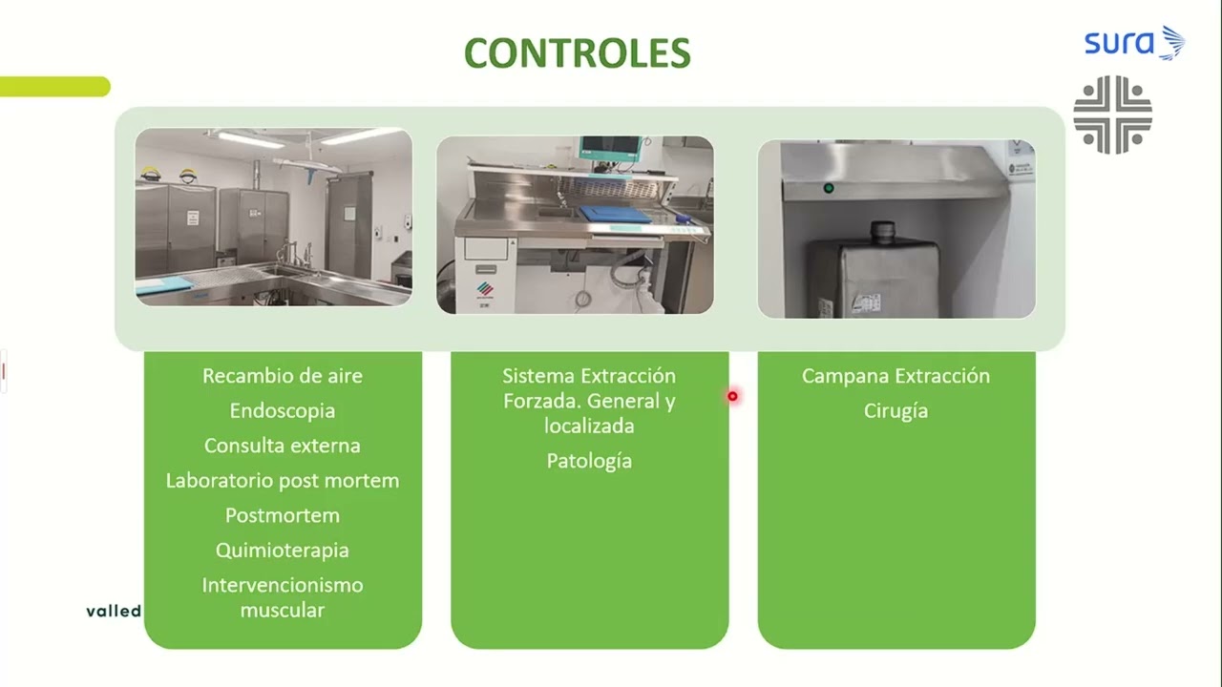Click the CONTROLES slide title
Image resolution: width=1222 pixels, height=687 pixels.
pos(578,53)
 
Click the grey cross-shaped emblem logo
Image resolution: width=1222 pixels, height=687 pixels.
pos(1112,114)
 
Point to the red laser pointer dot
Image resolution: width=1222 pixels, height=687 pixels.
pos(732,396)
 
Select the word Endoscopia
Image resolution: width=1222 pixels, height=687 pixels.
pos(282,410)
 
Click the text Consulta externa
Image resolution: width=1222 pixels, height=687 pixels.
pos(282,446)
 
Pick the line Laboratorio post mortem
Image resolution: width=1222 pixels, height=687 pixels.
pos(282,480)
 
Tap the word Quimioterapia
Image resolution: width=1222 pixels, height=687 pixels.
pos(282,551)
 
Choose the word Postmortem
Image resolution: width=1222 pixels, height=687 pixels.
pos(282,515)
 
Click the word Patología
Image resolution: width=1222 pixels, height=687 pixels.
pos(589,461)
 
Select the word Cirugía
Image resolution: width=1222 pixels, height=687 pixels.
pos(895,410)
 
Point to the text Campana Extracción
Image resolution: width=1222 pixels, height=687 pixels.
pos(895,376)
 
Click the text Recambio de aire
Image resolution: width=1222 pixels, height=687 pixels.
pos(282,376)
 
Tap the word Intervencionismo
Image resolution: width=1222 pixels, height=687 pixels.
pos(282,585)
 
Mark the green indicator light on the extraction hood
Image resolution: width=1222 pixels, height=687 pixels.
pos(829,188)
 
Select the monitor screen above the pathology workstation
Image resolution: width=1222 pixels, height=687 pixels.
pos(611,146)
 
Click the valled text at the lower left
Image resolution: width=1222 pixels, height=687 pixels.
pos(114,611)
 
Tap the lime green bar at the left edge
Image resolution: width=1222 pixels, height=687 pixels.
pos(54,86)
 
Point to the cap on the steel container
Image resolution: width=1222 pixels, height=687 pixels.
pos(882,232)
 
